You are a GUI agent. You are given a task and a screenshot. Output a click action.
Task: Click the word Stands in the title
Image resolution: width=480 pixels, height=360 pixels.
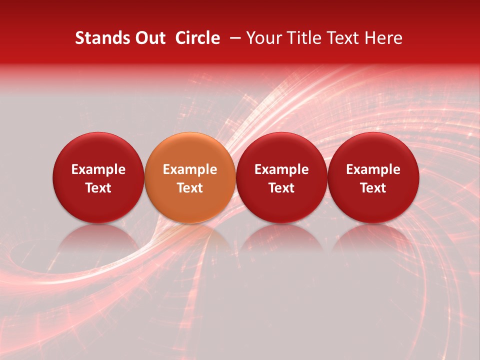click(x=98, y=38)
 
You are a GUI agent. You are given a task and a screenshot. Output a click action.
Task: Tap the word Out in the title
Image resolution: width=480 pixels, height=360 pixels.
click(x=148, y=38)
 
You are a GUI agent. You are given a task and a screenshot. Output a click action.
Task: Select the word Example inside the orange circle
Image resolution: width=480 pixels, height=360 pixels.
click(x=190, y=169)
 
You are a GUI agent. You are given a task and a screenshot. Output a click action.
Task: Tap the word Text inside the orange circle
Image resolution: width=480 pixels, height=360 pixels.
click(x=190, y=188)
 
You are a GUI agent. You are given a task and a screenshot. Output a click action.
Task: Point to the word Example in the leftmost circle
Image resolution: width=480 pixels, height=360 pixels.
click(x=98, y=169)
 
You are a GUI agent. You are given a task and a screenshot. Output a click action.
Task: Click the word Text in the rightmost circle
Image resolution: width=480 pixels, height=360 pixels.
click(x=373, y=188)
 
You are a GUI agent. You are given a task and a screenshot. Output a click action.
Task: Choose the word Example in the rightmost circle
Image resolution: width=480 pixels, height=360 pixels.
click(x=373, y=169)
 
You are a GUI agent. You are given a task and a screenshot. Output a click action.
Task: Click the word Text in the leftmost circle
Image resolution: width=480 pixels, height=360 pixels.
click(x=98, y=188)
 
